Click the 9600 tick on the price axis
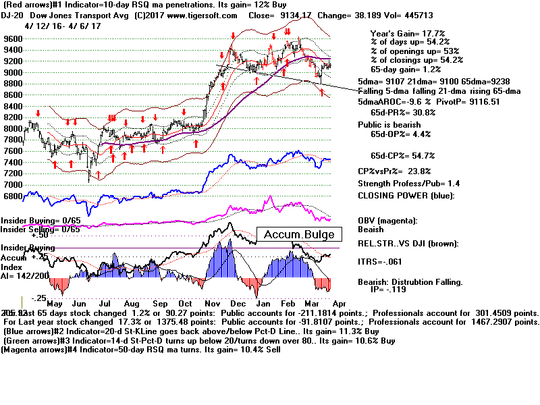pyautogui.click(x=11, y=39)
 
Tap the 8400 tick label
pyautogui.click(x=11, y=106)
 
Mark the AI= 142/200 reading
pyautogui.click(x=24, y=276)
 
